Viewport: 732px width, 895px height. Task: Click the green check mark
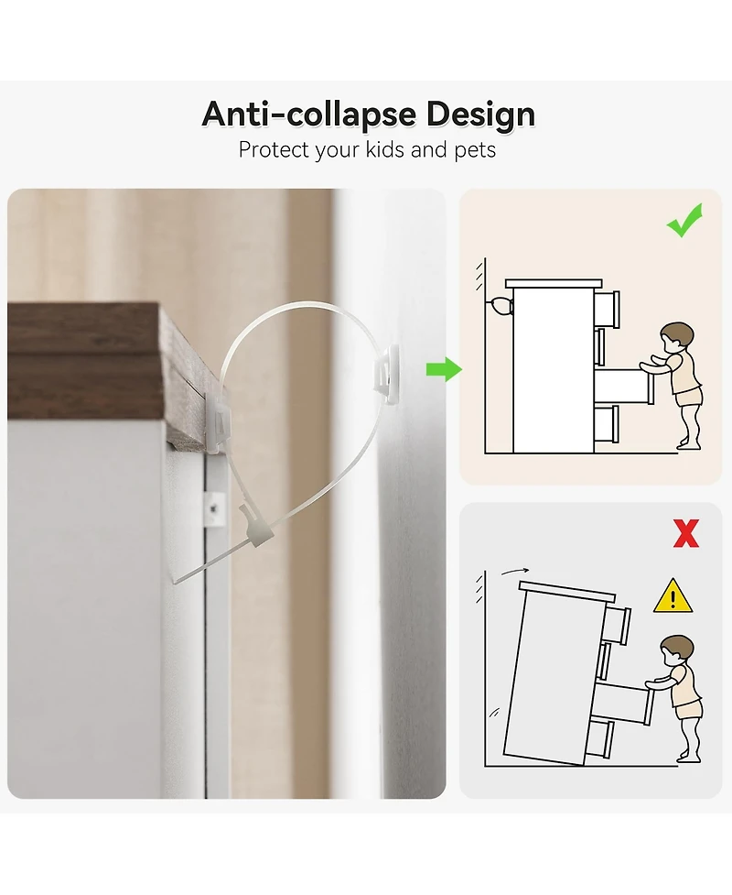point(684,221)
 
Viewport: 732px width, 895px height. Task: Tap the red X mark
point(686,533)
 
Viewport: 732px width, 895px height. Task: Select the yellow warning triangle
point(673,596)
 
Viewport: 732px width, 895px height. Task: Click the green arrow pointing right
point(444,369)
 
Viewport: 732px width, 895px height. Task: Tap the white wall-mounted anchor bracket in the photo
point(386,374)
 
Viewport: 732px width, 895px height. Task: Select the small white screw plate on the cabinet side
point(214,509)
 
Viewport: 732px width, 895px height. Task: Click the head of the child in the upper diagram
point(676,337)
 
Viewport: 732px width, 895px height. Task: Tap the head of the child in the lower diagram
point(677,650)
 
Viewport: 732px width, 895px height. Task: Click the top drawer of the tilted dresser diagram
point(617,625)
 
